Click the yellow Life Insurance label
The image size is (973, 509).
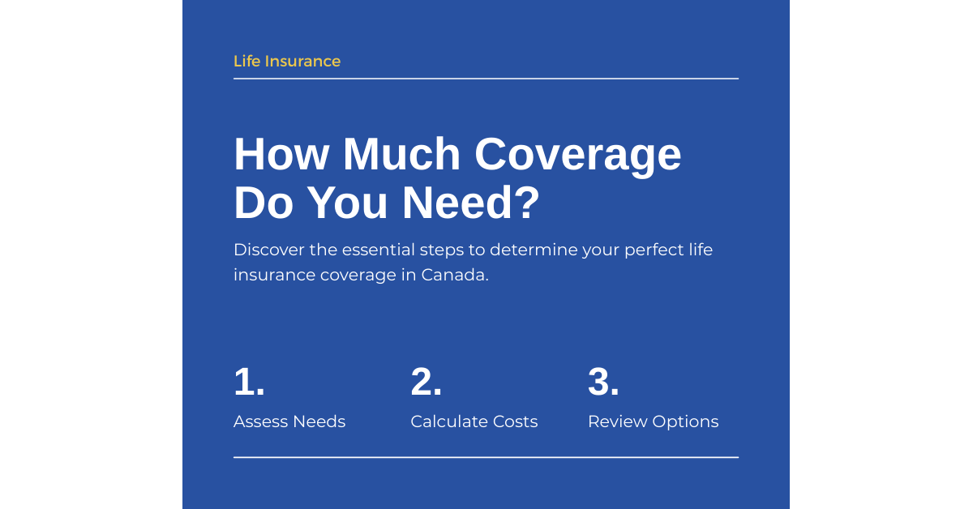point(287,62)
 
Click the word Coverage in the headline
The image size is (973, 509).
point(577,154)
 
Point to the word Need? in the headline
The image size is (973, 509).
point(471,203)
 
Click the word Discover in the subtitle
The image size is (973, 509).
point(268,250)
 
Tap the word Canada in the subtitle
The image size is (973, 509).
point(453,275)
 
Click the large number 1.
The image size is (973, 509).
point(249,383)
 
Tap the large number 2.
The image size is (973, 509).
point(426,383)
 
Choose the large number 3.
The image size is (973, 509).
point(603,383)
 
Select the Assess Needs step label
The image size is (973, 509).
point(289,421)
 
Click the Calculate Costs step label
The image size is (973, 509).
point(474,421)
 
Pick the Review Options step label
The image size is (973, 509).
point(653,421)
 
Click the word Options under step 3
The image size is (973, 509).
point(685,422)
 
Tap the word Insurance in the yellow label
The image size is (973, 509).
point(302,62)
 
